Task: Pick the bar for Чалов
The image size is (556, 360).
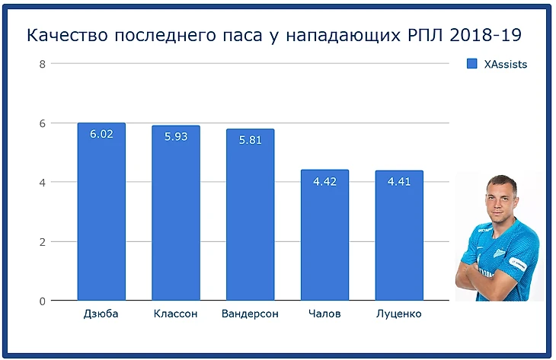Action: coord(324,236)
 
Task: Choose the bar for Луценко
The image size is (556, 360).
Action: coord(398,236)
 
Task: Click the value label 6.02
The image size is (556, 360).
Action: coord(101,134)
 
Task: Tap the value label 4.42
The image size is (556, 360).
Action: coord(324,181)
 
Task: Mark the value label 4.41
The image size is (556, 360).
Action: coord(398,182)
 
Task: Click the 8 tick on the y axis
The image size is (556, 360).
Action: coord(43,64)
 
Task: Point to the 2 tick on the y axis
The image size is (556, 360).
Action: coord(43,242)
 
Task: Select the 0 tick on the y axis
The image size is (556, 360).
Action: coord(43,301)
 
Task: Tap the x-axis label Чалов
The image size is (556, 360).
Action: coord(324,314)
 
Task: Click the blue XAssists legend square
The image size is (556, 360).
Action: coord(471,65)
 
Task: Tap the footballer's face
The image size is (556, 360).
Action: coord(498,201)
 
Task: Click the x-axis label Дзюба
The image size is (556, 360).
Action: coord(101,314)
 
